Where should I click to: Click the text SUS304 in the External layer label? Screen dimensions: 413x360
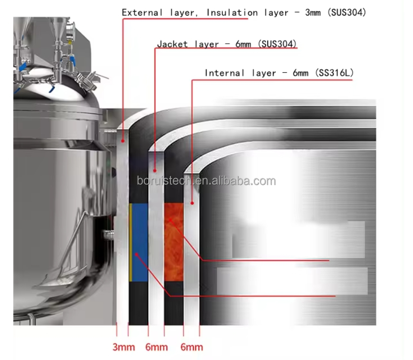coord(347,12)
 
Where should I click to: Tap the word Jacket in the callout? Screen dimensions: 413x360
coord(172,44)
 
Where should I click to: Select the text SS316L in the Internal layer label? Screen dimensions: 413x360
coord(335,73)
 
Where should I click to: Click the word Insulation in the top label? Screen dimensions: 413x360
coord(232,12)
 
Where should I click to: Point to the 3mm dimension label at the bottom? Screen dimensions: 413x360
coord(123,347)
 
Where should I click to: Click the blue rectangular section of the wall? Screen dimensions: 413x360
coord(140,242)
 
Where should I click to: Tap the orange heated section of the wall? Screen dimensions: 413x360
coord(174,242)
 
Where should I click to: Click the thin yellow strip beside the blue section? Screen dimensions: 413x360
coord(131,242)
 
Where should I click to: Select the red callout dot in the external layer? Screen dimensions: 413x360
coord(123,141)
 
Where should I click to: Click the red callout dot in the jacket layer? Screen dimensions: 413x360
coord(155,171)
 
